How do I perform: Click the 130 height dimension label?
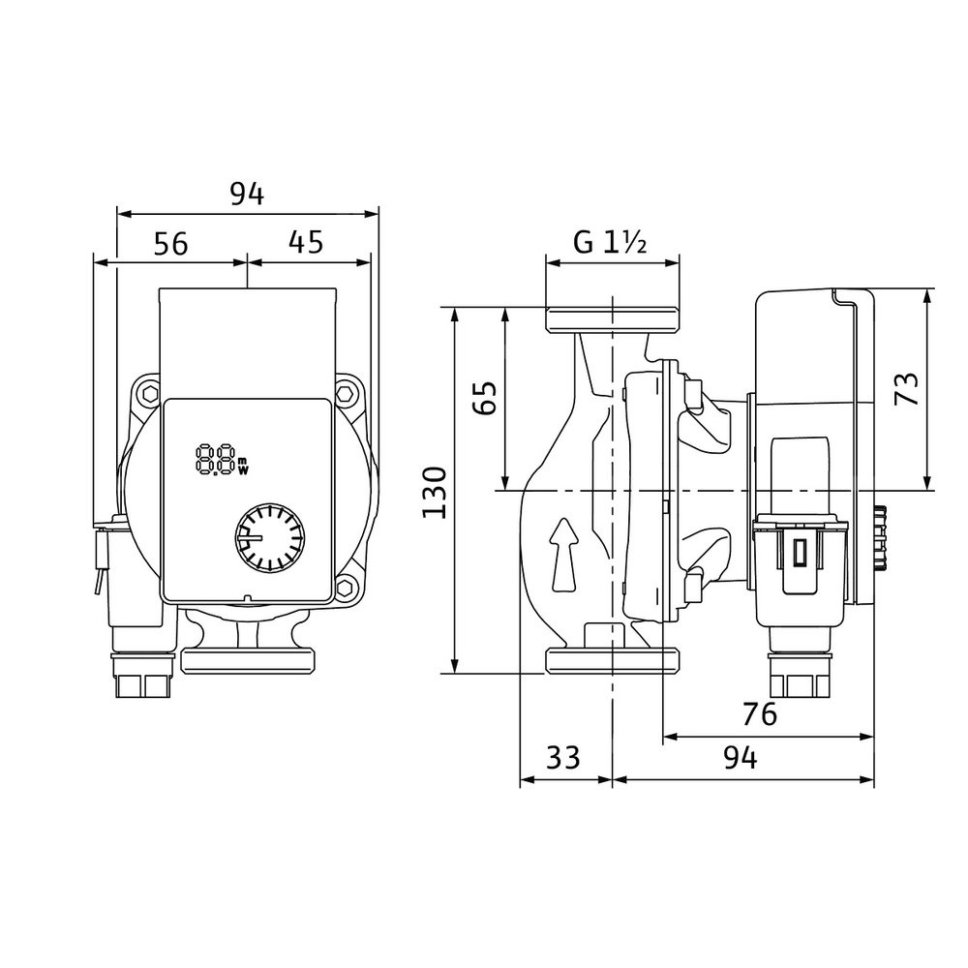435,493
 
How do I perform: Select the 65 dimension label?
485,398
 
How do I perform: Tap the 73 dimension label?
907,389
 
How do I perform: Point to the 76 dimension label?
759,715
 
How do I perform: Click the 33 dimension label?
563,758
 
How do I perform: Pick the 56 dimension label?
170,244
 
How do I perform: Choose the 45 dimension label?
306,242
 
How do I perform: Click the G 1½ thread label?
610,242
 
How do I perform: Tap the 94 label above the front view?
247,195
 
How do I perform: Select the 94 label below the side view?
741,758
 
